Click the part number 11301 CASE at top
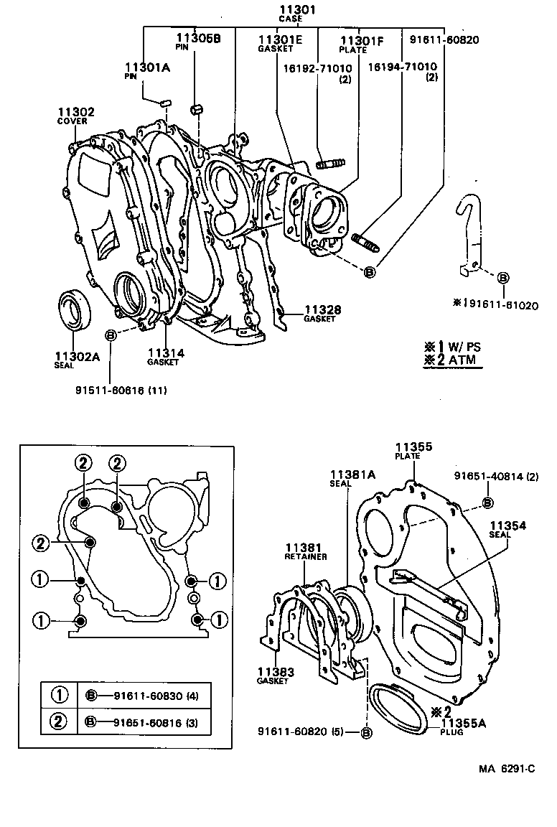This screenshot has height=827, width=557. tap(297, 12)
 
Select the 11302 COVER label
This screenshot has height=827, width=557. tap(76, 116)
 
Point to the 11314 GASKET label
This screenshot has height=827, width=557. tap(166, 357)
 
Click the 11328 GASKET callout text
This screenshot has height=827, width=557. tap(321, 313)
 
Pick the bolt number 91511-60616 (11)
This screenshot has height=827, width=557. tap(121, 390)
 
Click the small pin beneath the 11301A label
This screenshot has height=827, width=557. tap(164, 102)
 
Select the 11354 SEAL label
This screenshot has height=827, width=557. tap(508, 529)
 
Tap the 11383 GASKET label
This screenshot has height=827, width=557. tap(275, 676)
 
